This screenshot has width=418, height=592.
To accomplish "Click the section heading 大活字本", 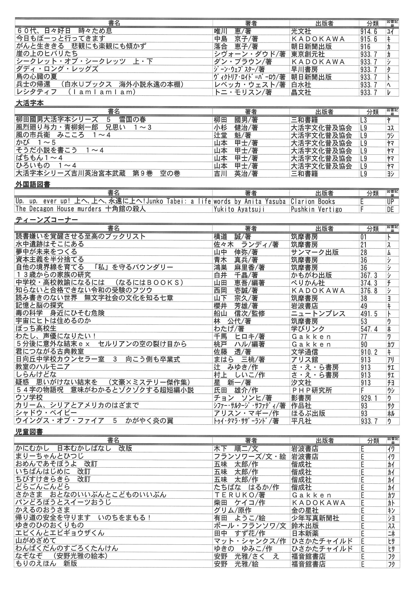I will coord(30,103).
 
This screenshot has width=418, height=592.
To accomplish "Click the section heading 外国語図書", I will coord(33,184).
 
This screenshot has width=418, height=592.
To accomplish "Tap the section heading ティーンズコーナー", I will coord(46,220).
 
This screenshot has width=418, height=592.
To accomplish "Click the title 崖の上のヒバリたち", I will coord(47,54).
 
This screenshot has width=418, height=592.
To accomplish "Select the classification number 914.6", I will coord(369,31).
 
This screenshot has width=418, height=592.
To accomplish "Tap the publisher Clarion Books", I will coord(313,201).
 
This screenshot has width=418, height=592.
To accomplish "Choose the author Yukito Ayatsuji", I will coord(239,209).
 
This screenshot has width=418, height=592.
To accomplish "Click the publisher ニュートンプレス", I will coord(318,314).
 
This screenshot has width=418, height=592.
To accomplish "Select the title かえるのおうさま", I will coord(43,510).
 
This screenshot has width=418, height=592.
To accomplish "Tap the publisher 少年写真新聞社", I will coord(315,518).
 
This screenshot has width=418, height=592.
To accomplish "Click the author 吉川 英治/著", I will coord(236,173).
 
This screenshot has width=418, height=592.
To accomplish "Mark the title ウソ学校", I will coord(29,397).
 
